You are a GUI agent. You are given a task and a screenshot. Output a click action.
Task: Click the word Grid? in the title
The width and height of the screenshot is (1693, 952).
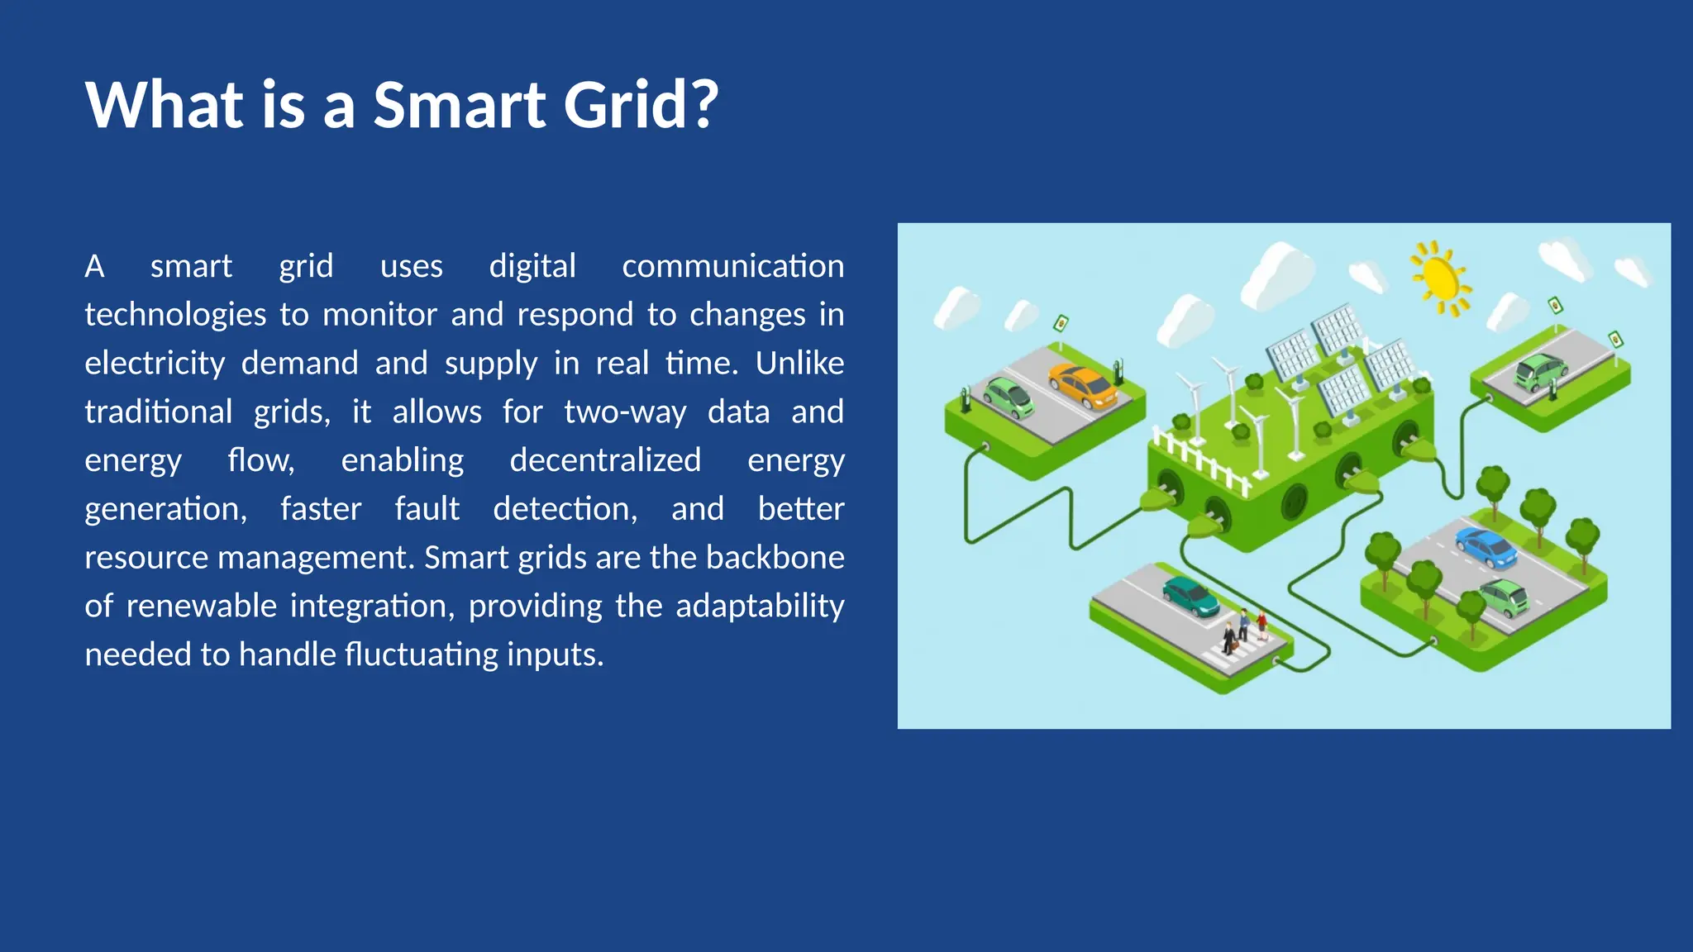point(641,106)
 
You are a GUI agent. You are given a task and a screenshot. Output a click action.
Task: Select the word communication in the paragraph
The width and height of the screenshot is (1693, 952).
point(732,266)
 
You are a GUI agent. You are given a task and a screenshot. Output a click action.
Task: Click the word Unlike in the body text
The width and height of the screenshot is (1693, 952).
point(799,364)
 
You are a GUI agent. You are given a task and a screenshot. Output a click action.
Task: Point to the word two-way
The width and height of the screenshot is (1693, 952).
point(625,412)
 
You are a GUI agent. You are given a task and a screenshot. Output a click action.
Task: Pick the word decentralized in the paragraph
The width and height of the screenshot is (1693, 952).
point(605,460)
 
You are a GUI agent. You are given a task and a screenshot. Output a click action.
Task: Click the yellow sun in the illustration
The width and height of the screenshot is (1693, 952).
point(1440,278)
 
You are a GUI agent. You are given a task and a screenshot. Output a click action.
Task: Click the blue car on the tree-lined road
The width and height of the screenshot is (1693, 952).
point(1486,547)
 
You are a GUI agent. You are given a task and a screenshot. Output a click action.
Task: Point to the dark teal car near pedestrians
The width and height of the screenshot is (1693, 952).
point(1190,596)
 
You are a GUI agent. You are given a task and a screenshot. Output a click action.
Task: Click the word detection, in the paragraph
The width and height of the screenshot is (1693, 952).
point(565,509)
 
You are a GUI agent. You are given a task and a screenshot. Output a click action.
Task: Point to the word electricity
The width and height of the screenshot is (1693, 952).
point(155,364)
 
